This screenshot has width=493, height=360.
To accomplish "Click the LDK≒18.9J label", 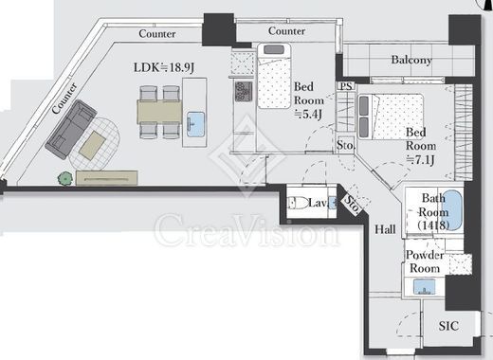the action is (164, 67).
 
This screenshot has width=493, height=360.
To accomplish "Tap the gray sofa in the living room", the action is (71, 130).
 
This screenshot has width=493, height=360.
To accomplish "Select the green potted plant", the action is (65, 178).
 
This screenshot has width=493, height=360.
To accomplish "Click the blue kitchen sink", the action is (195, 124).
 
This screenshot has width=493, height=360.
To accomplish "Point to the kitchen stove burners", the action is (244, 92).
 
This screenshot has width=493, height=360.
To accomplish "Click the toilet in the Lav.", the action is (298, 203).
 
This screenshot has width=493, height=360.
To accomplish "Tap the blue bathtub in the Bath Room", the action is (452, 210).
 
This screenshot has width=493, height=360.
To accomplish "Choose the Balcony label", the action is (411, 60).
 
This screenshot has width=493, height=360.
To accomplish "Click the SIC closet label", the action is (448, 326).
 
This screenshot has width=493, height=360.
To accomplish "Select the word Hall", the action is (385, 229).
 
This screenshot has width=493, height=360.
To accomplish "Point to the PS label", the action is (346, 86).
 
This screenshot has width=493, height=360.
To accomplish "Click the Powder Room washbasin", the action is (425, 287).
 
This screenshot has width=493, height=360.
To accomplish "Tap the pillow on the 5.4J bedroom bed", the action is (274, 49).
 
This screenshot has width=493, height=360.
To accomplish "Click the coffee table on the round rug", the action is (92, 146).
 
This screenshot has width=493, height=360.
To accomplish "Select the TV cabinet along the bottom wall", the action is (107, 178).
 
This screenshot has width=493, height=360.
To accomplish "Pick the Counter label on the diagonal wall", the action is (64, 99).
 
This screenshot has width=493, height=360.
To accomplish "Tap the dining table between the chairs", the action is (159, 112).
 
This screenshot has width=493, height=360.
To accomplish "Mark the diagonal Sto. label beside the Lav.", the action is (352, 204).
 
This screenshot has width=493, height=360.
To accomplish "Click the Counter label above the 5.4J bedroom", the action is (286, 31).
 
